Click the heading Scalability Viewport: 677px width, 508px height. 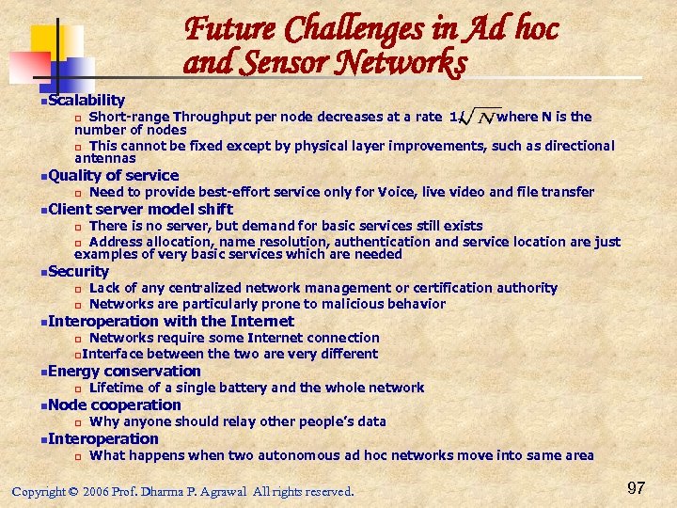click(x=86, y=100)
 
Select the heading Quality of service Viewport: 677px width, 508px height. click(x=113, y=175)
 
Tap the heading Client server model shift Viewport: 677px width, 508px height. click(x=140, y=209)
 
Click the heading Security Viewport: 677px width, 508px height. click(x=78, y=271)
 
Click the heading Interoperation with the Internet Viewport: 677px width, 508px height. click(x=170, y=321)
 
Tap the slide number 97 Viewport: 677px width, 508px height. click(x=636, y=487)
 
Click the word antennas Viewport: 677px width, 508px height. click(x=105, y=158)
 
